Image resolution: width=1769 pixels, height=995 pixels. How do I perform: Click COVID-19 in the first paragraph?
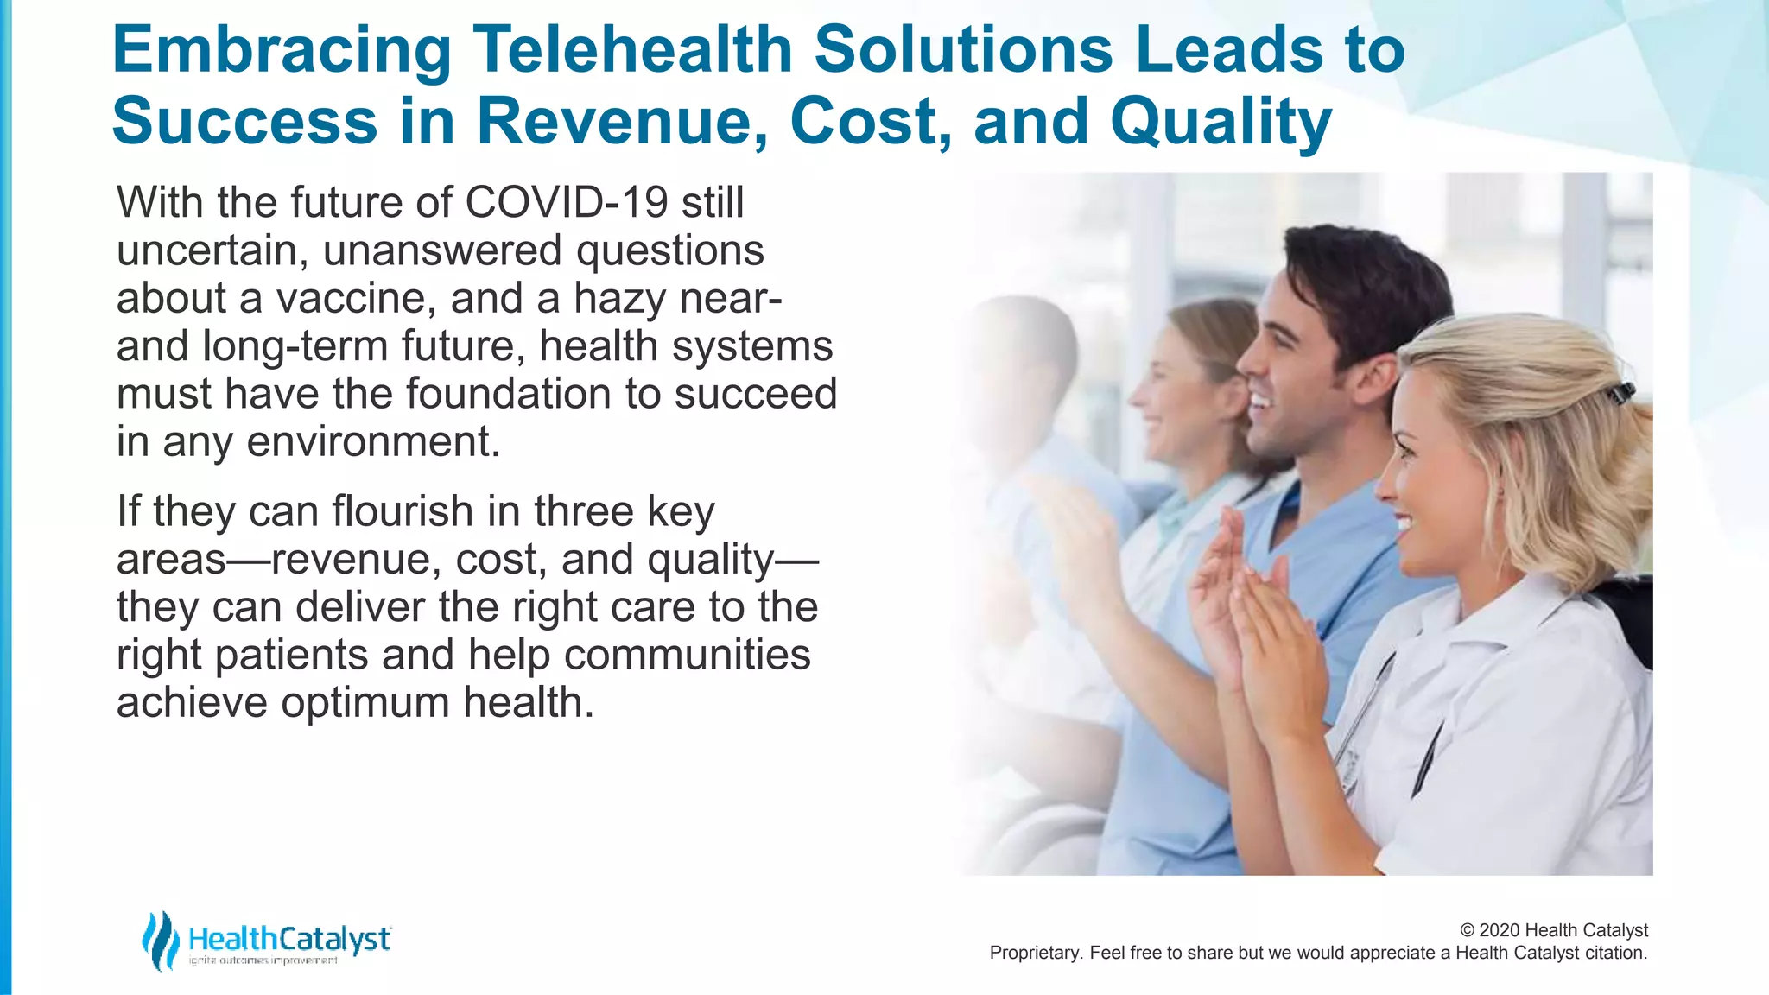(x=566, y=202)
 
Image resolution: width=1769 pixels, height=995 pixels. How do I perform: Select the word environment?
(x=373, y=442)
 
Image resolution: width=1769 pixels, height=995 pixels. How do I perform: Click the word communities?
(x=687, y=655)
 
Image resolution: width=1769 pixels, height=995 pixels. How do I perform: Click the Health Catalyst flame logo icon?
(x=160, y=941)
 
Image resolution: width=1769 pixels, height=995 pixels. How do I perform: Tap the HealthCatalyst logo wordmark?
(x=289, y=939)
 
